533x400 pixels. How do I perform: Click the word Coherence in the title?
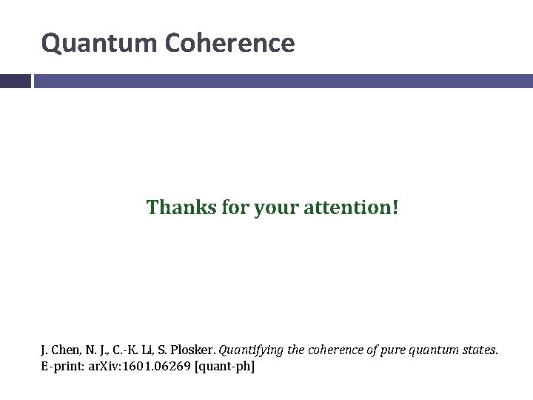(x=229, y=44)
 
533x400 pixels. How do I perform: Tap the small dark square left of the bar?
(x=15, y=81)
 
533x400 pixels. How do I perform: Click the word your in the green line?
(x=272, y=207)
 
